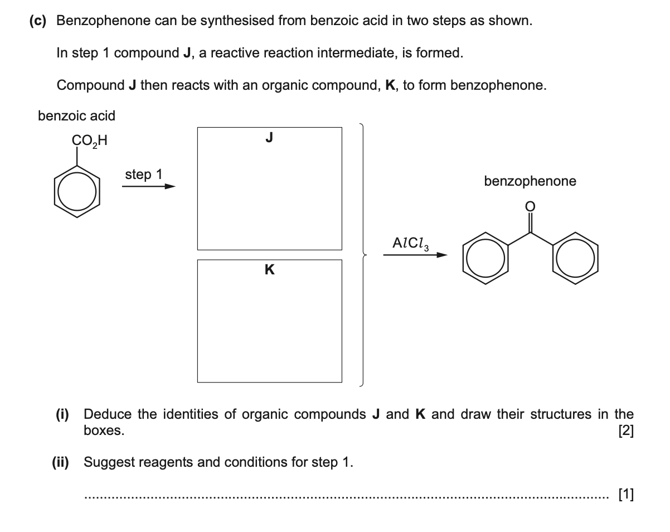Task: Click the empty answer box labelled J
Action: [x=269, y=188]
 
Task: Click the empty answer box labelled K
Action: [x=269, y=321]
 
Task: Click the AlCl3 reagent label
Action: [x=411, y=243]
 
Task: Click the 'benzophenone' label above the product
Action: [x=530, y=181]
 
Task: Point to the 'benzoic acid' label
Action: [x=76, y=116]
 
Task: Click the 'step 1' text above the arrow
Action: [x=143, y=175]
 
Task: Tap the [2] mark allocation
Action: [x=626, y=431]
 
